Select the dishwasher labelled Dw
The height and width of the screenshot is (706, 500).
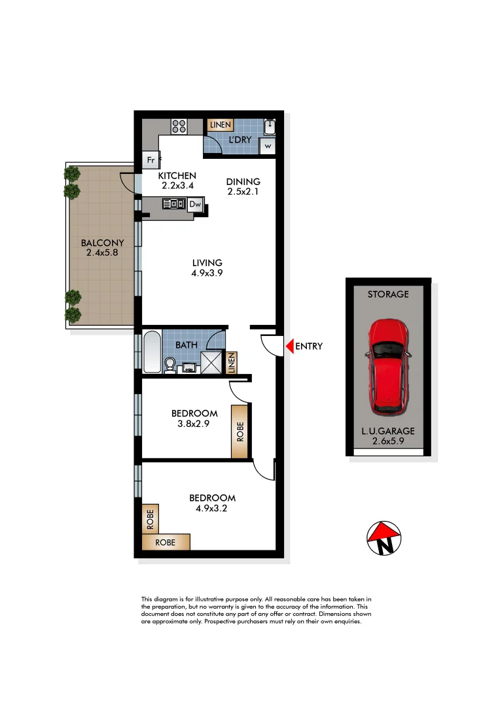[195, 204]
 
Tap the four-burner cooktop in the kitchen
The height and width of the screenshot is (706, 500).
[179, 126]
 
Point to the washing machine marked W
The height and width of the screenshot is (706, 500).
[268, 146]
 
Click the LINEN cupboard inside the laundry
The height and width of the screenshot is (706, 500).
[219, 124]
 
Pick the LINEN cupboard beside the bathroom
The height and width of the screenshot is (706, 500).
[231, 363]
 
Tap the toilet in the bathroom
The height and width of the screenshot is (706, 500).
[170, 365]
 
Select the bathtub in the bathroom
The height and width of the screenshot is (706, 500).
[152, 352]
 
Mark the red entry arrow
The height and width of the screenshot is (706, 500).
[289, 346]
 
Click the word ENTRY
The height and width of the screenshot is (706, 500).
[309, 346]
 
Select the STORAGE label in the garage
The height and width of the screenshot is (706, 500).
[388, 294]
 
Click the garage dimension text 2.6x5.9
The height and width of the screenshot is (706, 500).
[388, 441]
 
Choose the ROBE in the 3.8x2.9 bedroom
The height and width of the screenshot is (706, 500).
[240, 432]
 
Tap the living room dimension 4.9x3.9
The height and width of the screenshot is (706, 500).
[207, 274]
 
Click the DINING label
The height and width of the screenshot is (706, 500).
[243, 182]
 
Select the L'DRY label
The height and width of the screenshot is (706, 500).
[240, 141]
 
